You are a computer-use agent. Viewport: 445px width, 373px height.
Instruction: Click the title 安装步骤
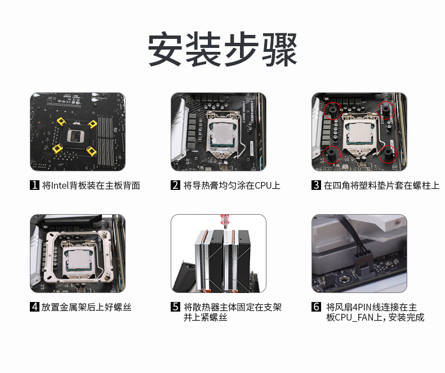coord(222,49)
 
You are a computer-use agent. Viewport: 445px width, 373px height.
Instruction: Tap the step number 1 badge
coord(34,185)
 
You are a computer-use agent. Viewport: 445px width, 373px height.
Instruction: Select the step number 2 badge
coord(175,185)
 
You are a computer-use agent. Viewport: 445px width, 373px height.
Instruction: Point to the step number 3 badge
coord(316,185)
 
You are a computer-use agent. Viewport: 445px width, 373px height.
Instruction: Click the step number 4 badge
coord(34,307)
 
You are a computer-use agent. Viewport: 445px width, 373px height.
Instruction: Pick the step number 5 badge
coord(175,307)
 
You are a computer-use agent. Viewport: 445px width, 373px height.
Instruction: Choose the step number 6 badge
coord(316,307)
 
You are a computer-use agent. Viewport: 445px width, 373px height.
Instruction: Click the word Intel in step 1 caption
coord(60,185)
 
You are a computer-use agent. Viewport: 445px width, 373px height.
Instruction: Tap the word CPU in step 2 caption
coord(263,185)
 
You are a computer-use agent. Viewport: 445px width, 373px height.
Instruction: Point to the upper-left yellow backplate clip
coord(61,122)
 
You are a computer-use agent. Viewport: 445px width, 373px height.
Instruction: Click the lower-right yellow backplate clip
coord(92,151)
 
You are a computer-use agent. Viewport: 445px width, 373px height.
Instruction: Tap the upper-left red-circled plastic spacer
coord(332,110)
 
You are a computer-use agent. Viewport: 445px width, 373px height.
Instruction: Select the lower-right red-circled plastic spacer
coord(388,154)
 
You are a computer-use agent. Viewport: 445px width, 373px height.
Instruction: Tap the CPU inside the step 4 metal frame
coord(78,261)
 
